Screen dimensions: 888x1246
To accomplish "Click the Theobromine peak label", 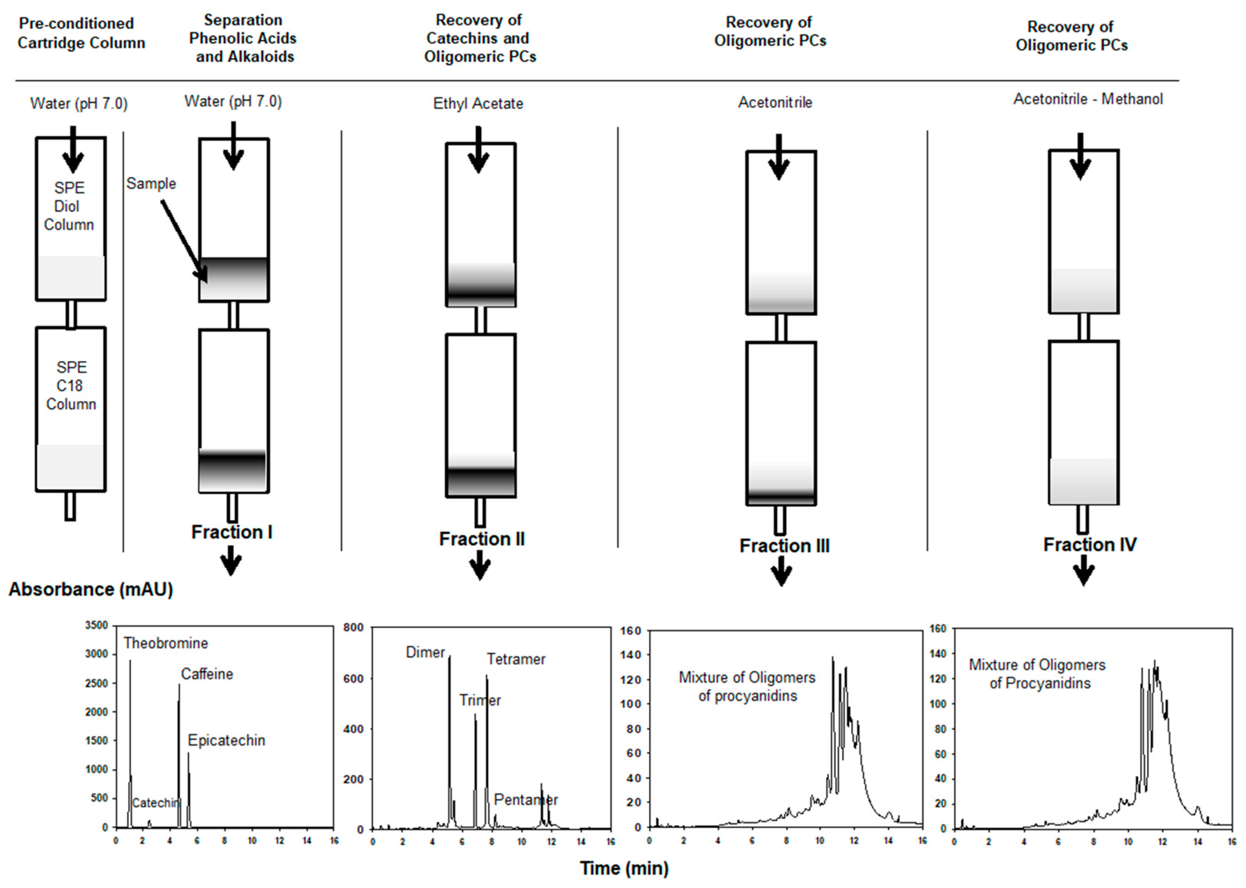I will coord(165,643).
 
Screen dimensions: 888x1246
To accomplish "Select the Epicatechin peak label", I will coord(226,741).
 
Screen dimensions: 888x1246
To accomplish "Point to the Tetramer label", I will coord(516,659).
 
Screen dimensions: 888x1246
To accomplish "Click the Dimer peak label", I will coord(425,652).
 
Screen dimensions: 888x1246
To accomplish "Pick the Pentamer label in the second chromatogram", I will coord(526,800).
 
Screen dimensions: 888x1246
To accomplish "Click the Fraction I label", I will coord(232,532).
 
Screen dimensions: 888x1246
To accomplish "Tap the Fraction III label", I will coord(784,546).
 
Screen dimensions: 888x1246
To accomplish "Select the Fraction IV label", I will coord(1090,545).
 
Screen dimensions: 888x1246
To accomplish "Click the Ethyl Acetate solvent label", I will coord(478,103).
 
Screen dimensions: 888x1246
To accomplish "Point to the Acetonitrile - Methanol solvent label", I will coord(1088,99).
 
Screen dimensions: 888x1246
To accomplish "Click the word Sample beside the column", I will coord(151,184).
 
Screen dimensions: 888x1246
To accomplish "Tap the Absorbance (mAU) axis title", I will coord(91,590).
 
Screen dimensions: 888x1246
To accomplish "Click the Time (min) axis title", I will coord(624,868).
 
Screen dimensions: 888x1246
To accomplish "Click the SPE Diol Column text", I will coord(69,206).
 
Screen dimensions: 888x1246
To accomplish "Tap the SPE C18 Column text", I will coord(70,385).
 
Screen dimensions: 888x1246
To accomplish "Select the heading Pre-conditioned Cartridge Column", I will coord(82,33).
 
